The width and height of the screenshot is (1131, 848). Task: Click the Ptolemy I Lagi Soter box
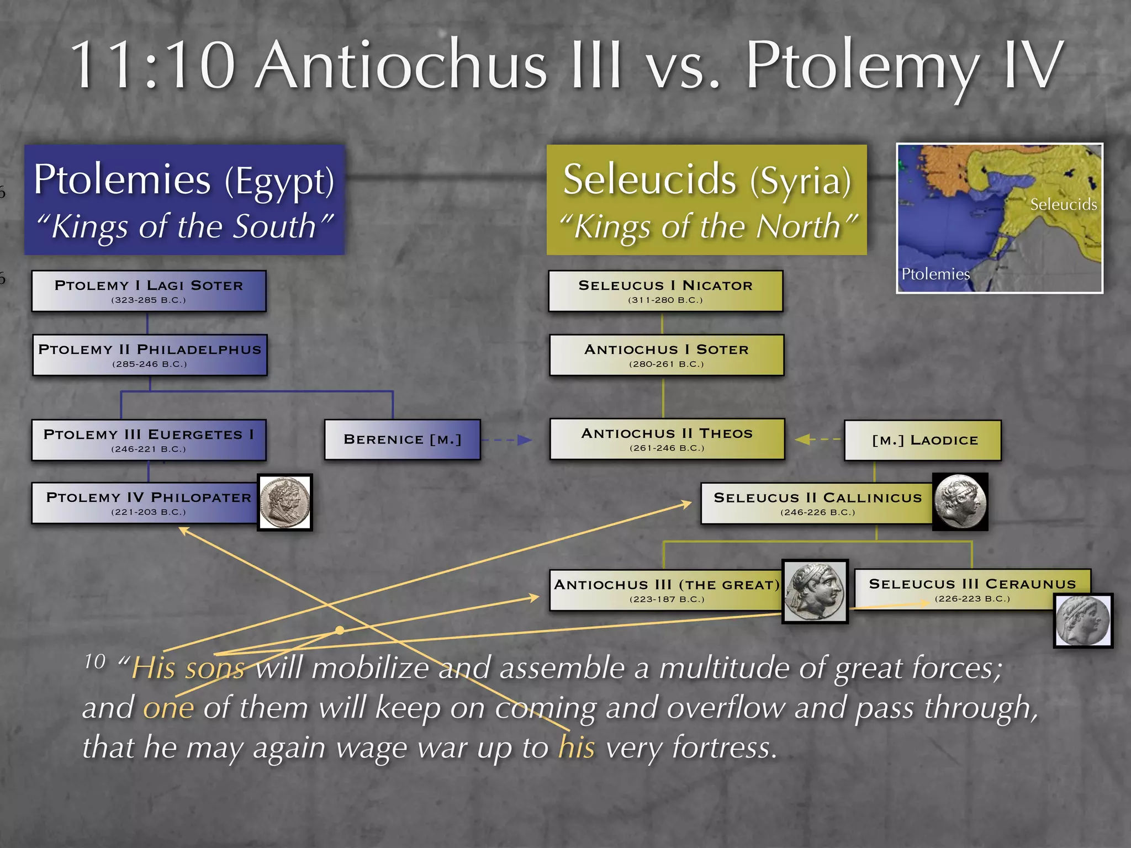(149, 291)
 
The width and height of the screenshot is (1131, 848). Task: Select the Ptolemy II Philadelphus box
(150, 355)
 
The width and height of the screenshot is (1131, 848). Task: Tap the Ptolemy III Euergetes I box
(149, 440)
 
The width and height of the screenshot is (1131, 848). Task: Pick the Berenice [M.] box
(402, 439)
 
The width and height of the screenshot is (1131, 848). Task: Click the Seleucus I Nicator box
(665, 291)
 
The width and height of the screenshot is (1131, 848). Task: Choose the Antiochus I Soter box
(667, 355)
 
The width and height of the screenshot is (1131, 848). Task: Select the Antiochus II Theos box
(667, 439)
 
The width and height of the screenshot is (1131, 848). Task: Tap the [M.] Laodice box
(923, 440)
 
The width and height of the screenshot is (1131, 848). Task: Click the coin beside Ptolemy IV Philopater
(285, 502)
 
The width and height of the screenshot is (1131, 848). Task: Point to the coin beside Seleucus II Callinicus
(960, 502)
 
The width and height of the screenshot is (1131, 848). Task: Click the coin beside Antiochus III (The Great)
(815, 591)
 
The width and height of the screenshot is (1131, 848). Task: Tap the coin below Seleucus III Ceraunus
(1082, 621)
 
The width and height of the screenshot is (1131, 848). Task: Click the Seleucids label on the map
(1063, 205)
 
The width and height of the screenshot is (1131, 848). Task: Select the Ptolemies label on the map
(935, 274)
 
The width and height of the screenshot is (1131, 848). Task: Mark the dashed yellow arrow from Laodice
(818, 439)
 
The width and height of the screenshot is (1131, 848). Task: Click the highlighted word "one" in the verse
(168, 709)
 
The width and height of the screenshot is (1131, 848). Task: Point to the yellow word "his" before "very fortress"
(576, 748)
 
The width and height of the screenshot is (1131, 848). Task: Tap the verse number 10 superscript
(95, 661)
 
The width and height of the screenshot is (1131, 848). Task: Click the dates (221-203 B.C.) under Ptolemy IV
(149, 512)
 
